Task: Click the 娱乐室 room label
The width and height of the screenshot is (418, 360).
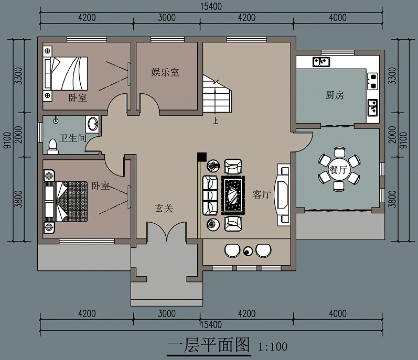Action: point(165,72)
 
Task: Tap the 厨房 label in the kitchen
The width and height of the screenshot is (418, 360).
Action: point(335,95)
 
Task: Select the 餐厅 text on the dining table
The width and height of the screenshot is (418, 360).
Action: point(339,169)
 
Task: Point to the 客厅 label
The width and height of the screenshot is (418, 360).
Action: point(262,194)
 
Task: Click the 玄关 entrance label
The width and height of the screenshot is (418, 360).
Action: point(164,208)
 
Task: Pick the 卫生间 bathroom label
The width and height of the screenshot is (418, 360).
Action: point(73,138)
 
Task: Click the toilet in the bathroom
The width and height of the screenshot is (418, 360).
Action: point(53,147)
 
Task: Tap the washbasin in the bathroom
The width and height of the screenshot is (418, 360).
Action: point(92,123)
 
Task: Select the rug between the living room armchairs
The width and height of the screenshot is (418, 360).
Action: point(233,195)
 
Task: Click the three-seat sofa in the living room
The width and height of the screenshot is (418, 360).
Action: point(210,195)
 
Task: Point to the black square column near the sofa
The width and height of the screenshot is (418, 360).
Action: point(202,157)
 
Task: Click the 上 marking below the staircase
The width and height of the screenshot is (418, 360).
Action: point(216,121)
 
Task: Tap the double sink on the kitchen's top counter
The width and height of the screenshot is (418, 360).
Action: point(321,62)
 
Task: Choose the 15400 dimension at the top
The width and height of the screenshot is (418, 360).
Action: point(211,6)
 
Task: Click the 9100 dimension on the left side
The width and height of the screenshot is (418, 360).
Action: point(7,140)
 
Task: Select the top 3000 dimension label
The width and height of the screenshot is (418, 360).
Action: point(167,18)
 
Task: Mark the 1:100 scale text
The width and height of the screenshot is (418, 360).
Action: point(273,346)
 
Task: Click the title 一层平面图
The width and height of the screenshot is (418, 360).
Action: point(209,345)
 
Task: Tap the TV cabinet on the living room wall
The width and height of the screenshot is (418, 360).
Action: point(283,195)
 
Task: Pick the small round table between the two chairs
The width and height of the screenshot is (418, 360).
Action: point(248,251)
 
